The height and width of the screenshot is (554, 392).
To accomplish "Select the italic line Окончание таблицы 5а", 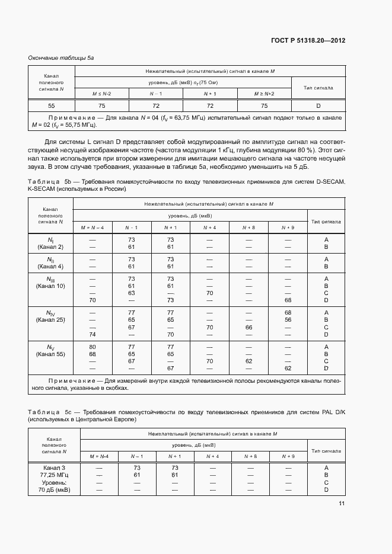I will pos(61,57).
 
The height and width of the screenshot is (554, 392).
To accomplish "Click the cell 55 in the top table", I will pos(52,105).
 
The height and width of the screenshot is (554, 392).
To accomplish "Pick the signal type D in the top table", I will pos(318,105).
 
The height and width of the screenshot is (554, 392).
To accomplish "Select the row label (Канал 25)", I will pos(50,320).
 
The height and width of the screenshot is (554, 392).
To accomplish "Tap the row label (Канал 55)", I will pos(50,354).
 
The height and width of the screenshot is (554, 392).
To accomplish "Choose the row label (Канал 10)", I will pos(50,286).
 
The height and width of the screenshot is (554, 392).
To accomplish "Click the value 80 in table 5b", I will pos(92,346).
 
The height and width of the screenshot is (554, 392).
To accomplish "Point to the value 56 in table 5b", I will pos(288,319).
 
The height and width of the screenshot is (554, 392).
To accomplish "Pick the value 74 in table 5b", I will pos(92,335).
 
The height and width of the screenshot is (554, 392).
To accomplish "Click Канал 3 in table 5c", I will pos(54,467).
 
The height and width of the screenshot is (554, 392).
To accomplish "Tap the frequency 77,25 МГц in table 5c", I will pos(54,475).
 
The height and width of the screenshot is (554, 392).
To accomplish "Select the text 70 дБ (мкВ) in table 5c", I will pos(54,491).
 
